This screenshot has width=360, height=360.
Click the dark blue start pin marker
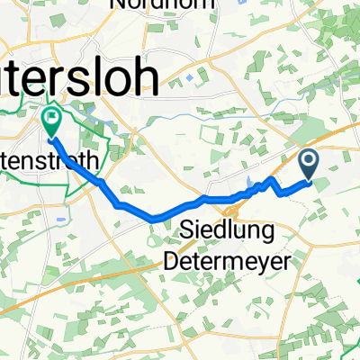(309, 165)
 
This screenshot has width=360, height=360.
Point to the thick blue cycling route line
(135, 210)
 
